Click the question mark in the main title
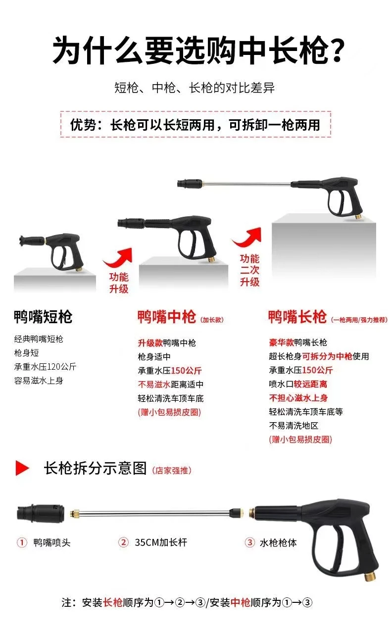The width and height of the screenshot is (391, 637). click(336, 50)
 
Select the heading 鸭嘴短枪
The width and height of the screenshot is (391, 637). click(43, 316)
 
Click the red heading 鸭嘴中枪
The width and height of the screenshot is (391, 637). click(167, 316)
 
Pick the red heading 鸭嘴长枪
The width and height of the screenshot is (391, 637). click(297, 316)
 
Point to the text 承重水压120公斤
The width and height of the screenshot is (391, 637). click(45, 367)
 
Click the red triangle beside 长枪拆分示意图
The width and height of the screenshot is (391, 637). click(22, 468)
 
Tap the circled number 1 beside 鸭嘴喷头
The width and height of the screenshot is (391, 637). click(22, 542)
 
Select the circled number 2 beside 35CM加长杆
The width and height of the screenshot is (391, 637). click(123, 542)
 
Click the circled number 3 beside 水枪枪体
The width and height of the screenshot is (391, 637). click(249, 542)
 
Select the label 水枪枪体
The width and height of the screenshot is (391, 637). click(278, 542)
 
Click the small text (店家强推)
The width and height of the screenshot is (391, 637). click(172, 470)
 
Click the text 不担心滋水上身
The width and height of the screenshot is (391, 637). click(298, 398)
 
